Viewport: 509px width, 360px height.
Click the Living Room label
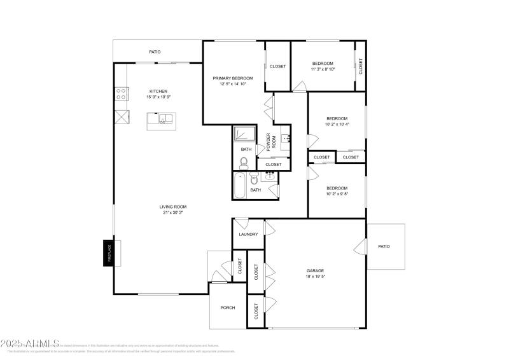point(173,206)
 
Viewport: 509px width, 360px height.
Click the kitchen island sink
point(164,119)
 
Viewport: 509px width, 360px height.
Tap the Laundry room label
point(248,234)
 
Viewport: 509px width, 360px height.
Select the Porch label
point(228,307)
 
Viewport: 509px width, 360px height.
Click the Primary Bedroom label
point(232,78)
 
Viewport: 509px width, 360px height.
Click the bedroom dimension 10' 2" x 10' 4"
point(337,125)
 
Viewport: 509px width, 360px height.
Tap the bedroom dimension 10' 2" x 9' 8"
point(337,194)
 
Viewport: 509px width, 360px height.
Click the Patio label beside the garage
point(384,246)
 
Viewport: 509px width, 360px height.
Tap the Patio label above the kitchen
point(155,52)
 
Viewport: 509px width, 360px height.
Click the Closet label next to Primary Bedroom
point(277,66)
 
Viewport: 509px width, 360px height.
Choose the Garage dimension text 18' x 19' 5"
point(316,277)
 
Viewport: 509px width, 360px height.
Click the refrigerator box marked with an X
point(121,118)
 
